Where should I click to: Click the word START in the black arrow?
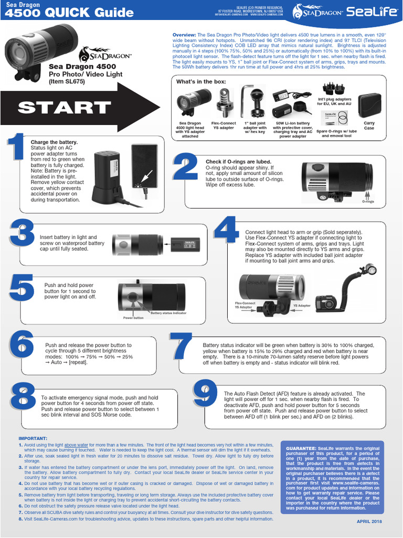[x=63, y=108]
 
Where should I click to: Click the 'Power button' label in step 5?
[x=133, y=318]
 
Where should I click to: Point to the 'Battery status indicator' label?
[x=168, y=313]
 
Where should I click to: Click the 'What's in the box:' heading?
[x=201, y=81]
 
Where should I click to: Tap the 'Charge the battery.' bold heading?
[x=54, y=142]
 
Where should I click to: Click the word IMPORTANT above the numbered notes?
[x=33, y=438]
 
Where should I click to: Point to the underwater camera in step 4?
[x=326, y=303]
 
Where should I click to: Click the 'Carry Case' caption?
[x=369, y=126]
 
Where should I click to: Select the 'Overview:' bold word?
[x=184, y=34]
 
